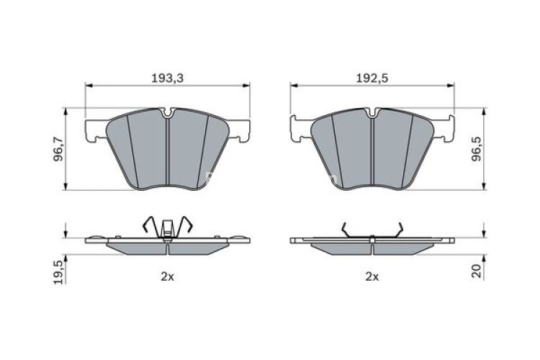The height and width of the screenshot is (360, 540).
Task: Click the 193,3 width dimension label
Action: point(168,76)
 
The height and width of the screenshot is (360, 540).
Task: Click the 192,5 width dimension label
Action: point(372,76)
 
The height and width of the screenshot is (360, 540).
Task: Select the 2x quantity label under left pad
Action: point(167,276)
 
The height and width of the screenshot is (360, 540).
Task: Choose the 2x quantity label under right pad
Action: point(372,276)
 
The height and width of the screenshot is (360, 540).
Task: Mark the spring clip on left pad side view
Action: point(168,225)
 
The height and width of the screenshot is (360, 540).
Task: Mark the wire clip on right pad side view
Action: point(372,230)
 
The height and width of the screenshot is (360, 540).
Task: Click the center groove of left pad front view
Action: point(168,151)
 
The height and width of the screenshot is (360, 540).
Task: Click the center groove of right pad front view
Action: point(372,151)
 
